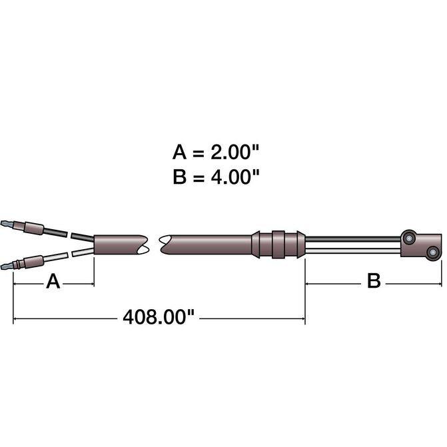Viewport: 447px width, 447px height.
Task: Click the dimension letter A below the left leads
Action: point(53,281)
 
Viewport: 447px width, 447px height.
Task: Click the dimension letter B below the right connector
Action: point(374,281)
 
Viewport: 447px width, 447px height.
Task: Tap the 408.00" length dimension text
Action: point(159,316)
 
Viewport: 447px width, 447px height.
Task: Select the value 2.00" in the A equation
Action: point(234,152)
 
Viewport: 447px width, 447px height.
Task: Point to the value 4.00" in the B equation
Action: point(235,177)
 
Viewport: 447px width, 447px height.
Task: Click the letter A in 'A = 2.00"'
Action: point(179,152)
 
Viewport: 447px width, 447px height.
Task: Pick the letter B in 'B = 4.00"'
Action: point(179,177)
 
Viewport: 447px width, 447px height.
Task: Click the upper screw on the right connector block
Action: point(410,238)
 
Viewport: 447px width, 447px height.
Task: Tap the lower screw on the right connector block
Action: point(433,252)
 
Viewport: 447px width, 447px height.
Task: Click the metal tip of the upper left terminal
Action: point(7,223)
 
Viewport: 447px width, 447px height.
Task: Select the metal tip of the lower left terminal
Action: point(7,266)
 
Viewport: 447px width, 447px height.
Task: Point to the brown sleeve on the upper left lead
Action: point(33,228)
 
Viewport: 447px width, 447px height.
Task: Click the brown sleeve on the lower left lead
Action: point(33,262)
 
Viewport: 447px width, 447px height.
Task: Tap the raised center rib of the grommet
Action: point(278,244)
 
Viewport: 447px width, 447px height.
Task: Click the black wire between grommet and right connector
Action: point(353,239)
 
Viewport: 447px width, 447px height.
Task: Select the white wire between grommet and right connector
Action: point(353,251)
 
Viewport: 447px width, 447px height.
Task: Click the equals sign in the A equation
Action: point(199,153)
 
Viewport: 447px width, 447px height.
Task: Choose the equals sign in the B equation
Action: point(199,178)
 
